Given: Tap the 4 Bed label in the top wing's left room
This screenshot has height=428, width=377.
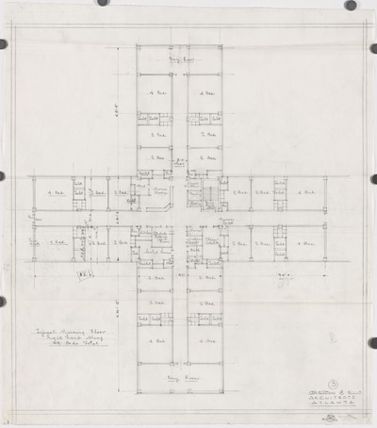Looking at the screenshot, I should (x=156, y=94).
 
